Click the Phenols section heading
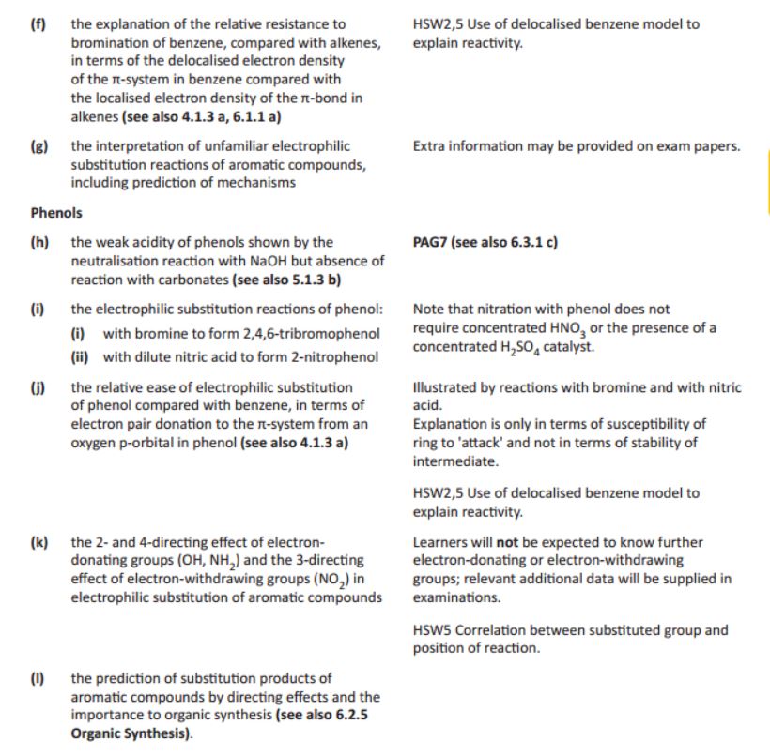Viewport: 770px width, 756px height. (x=55, y=212)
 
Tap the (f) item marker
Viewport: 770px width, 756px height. (x=38, y=23)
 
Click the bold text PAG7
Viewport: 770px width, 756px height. (x=430, y=242)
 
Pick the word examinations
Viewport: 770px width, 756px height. (x=454, y=597)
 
